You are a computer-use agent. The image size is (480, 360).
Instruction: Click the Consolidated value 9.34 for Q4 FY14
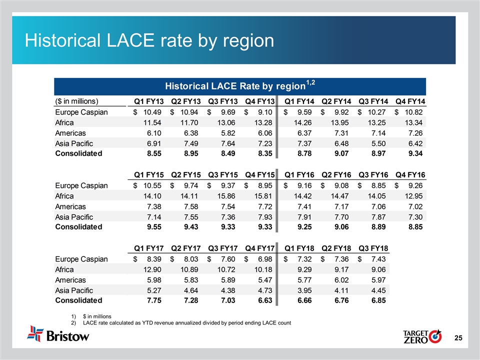coord(412,153)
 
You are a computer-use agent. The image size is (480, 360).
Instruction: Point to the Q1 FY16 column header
coord(299,174)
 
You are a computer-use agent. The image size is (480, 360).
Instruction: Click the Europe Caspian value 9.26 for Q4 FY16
coord(412,185)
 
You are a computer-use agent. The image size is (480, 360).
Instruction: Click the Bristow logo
coord(58,334)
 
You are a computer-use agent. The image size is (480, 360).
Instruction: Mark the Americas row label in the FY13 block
coord(70,133)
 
